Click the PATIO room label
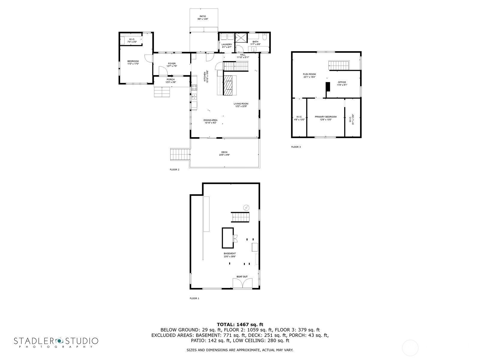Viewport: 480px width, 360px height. click(203, 16)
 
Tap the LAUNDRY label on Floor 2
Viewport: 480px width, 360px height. click(227, 44)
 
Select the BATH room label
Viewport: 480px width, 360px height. click(255, 42)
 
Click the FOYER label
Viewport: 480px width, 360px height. click(172, 64)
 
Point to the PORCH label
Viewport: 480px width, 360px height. click(171, 79)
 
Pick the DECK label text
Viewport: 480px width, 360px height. click(224, 152)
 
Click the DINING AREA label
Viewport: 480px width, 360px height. click(211, 120)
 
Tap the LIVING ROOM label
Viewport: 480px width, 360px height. click(241, 104)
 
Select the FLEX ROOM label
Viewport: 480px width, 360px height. click(309, 74)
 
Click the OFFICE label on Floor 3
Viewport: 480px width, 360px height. click(342, 82)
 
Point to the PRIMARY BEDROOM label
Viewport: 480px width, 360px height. click(325, 117)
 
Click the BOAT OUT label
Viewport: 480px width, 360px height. click(242, 277)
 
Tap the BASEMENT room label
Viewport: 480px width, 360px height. click(229, 253)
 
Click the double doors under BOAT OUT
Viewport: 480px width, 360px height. click(242, 284)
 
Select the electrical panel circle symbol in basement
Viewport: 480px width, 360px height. click(246, 208)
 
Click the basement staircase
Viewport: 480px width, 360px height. click(240, 217)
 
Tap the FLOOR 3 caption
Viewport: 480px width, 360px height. click(296, 147)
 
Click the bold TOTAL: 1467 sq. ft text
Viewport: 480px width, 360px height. click(240, 324)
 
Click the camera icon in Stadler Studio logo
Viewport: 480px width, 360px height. click(59, 340)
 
